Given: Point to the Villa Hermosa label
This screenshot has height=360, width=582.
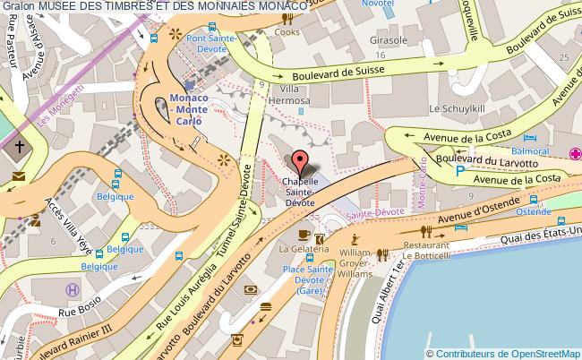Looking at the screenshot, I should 295,95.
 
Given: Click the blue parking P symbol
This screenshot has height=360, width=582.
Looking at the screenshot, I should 460,169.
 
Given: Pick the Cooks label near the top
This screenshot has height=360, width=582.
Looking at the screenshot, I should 287,32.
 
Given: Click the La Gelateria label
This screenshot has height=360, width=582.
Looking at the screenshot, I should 297,248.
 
